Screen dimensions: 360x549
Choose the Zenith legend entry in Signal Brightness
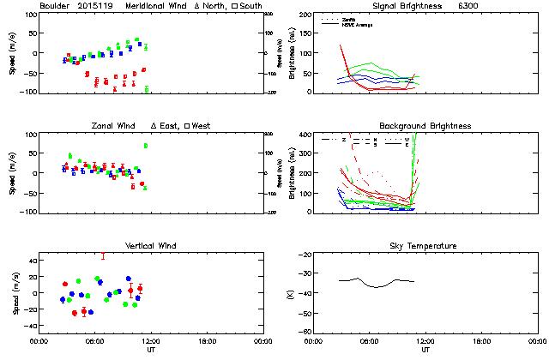tap(348, 18)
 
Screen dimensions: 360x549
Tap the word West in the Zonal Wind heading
tap(202, 126)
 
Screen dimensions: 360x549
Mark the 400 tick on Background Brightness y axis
tap(305, 135)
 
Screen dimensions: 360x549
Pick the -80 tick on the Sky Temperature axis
tap(304, 332)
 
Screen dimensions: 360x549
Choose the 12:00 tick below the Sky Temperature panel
tap(425, 341)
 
